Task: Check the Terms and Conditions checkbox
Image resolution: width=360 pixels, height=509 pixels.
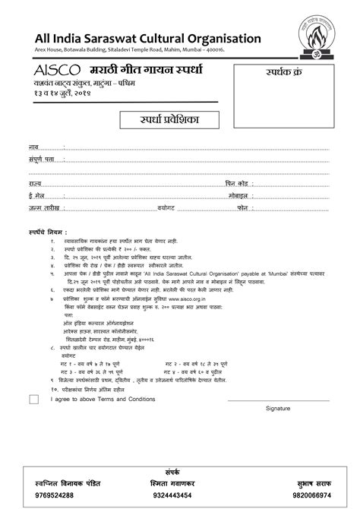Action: (x=33, y=398)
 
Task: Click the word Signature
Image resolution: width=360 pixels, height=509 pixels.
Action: (x=278, y=408)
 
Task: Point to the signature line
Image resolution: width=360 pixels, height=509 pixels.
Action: (x=278, y=399)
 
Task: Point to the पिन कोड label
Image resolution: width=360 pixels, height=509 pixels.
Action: (x=236, y=183)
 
